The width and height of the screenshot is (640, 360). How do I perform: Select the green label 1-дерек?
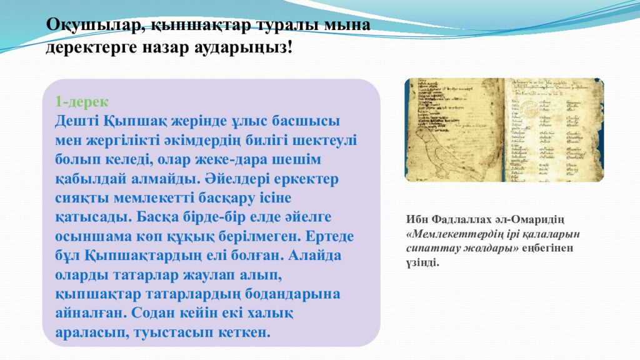[81, 102]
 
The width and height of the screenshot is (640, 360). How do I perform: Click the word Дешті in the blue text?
[76, 119]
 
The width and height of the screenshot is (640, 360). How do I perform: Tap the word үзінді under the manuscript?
[422, 262]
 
